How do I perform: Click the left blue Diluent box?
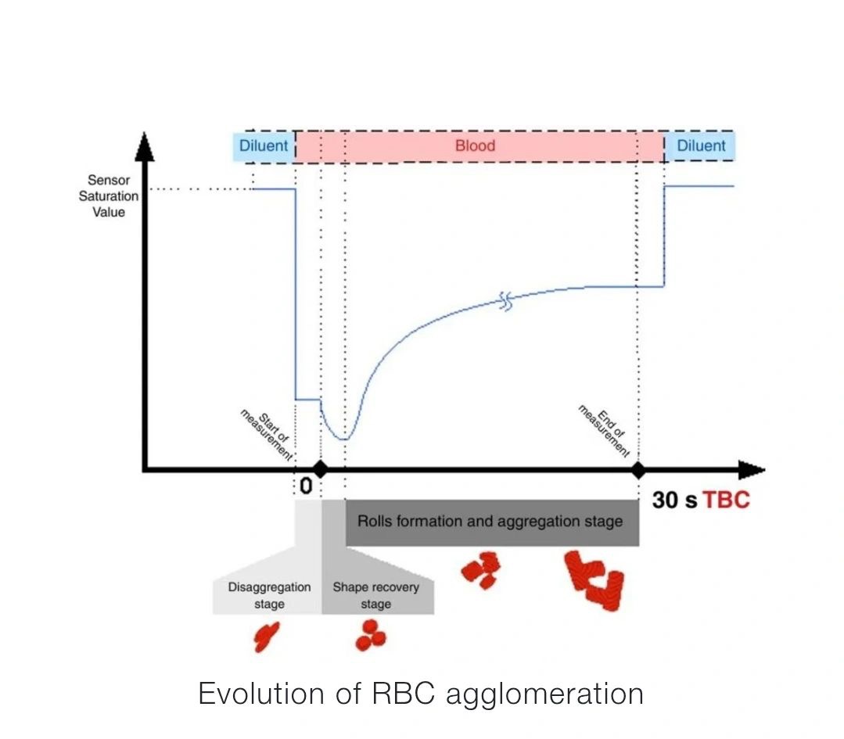(264, 146)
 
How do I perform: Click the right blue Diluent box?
(700, 146)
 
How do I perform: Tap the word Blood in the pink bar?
(475, 146)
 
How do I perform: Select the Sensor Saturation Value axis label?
(109, 196)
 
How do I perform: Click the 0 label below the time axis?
(306, 486)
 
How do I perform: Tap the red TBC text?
(726, 500)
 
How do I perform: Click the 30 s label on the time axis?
(674, 500)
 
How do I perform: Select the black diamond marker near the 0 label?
(319, 470)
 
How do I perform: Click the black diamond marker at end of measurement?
(638, 470)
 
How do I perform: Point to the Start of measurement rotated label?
(267, 432)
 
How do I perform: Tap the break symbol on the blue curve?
(507, 301)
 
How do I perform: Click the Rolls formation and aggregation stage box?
(491, 522)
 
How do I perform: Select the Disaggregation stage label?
(269, 595)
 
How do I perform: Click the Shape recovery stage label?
(376, 595)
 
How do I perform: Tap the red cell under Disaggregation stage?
(266, 637)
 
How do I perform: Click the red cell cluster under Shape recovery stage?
(371, 636)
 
